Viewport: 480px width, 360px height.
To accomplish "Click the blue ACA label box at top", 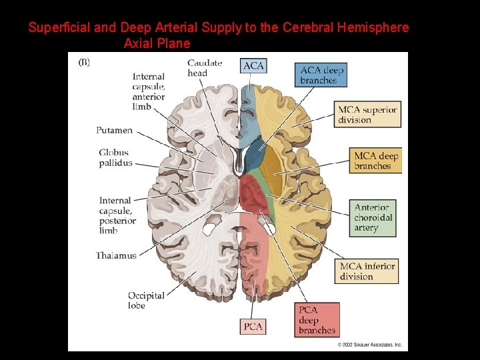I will click(x=253, y=65).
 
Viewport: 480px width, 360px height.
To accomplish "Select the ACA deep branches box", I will click(x=321, y=75).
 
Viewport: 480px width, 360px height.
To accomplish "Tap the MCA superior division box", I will click(x=368, y=115).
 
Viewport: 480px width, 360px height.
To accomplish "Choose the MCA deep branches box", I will click(x=376, y=161).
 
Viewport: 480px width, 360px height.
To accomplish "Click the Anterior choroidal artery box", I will click(x=373, y=218).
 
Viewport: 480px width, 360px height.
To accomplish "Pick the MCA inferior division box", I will click(x=367, y=271).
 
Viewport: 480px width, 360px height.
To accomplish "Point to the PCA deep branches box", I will click(x=317, y=320).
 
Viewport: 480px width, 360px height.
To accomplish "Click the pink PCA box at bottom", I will click(x=253, y=327).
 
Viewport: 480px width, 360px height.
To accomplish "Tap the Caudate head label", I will click(x=205, y=68).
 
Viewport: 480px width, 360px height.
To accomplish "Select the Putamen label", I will click(x=114, y=131).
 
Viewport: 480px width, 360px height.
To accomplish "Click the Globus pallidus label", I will click(x=115, y=158).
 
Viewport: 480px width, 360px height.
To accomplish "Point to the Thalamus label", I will click(x=116, y=255).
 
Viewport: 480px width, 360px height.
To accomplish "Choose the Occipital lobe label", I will click(x=146, y=301).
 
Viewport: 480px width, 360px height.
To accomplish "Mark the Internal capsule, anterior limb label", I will click(x=149, y=91).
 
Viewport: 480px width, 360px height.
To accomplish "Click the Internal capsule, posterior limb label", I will click(x=115, y=215).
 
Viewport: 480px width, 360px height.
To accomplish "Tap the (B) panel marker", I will click(x=85, y=63).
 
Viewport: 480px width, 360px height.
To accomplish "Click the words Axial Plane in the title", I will click(x=157, y=44).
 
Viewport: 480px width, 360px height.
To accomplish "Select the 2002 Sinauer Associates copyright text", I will click(x=370, y=345).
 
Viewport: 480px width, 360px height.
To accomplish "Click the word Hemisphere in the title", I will click(x=373, y=28).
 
